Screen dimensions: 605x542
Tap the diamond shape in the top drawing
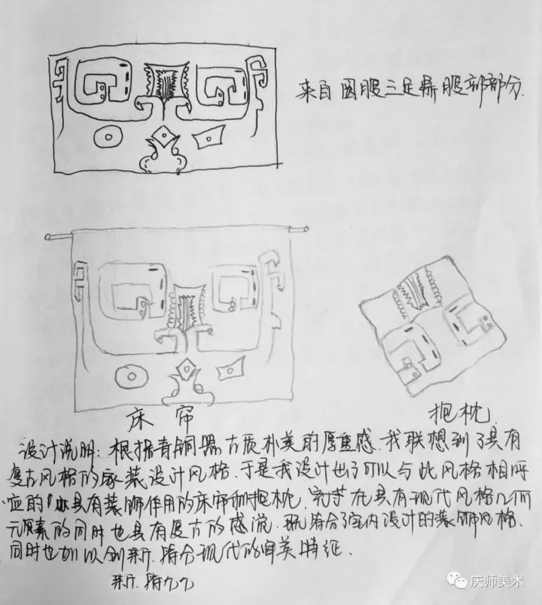point(160,136)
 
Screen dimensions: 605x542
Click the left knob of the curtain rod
point(50,237)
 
